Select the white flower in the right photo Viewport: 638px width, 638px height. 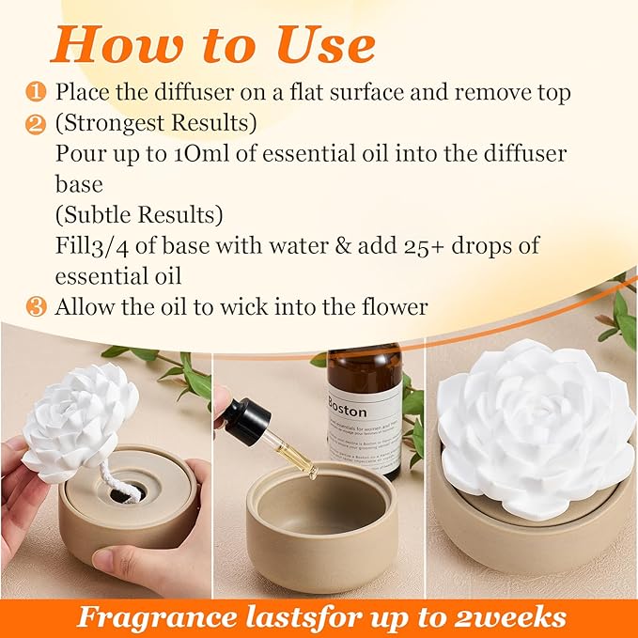point(534,427)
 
